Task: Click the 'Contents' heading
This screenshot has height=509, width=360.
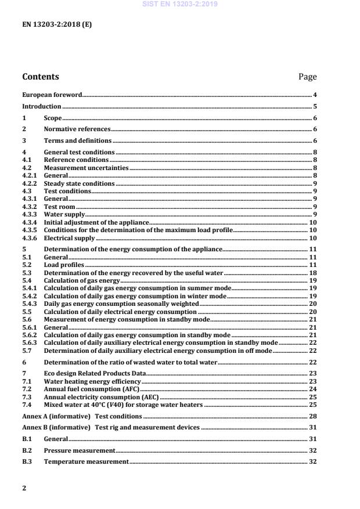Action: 40,77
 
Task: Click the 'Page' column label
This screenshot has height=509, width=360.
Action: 307,77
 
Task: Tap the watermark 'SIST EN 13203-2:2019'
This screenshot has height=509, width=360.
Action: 179,4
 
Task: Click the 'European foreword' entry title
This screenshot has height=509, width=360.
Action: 52,95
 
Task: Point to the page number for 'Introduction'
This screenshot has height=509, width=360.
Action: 315,106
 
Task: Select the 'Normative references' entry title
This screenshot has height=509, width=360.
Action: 77,129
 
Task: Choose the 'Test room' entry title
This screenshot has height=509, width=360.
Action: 60,207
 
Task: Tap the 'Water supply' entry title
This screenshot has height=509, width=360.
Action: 64,215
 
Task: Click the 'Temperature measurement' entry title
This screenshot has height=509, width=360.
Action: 86,461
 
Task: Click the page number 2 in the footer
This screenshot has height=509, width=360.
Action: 24,488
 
